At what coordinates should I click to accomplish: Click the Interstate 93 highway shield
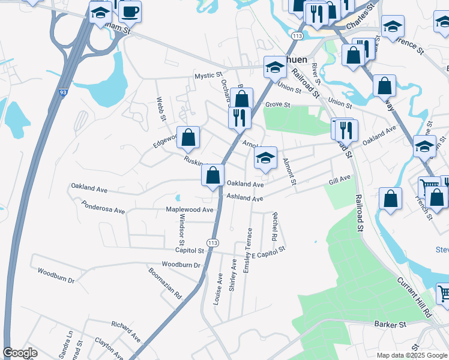pos(63,93)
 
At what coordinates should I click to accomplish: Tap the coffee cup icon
pos(130,11)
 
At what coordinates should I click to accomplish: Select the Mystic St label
pos(208,76)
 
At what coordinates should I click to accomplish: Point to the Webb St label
pos(161,109)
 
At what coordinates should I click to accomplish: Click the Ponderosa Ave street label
pos(103,211)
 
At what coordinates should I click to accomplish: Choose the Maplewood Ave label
pos(190,210)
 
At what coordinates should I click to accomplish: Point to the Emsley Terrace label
pos(247,251)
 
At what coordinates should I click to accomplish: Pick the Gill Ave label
pos(339,179)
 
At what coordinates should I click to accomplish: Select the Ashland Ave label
pos(244,199)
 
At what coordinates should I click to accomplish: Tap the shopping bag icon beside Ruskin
pos(188,137)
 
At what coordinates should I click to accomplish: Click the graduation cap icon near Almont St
pos(265,158)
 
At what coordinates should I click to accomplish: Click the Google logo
pos(20,353)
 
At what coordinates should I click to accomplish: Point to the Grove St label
pos(278,104)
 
